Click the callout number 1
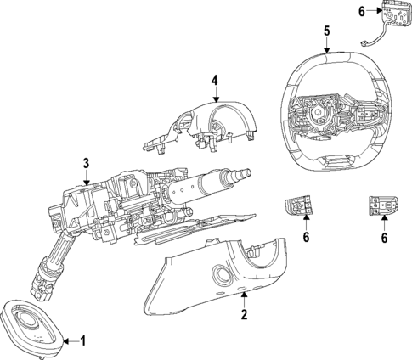[x=82, y=341]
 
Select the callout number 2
[x=244, y=314]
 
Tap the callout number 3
[x=86, y=163]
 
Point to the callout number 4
[x=215, y=81]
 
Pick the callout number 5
[x=327, y=31]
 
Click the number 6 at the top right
[x=362, y=12]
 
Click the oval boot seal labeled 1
[x=31, y=328]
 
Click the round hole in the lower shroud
[x=223, y=275]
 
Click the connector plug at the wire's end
[x=364, y=44]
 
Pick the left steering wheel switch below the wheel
[x=298, y=205]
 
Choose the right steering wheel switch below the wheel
[x=383, y=205]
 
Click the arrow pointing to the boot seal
[x=71, y=341]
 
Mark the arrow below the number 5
[x=327, y=45]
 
